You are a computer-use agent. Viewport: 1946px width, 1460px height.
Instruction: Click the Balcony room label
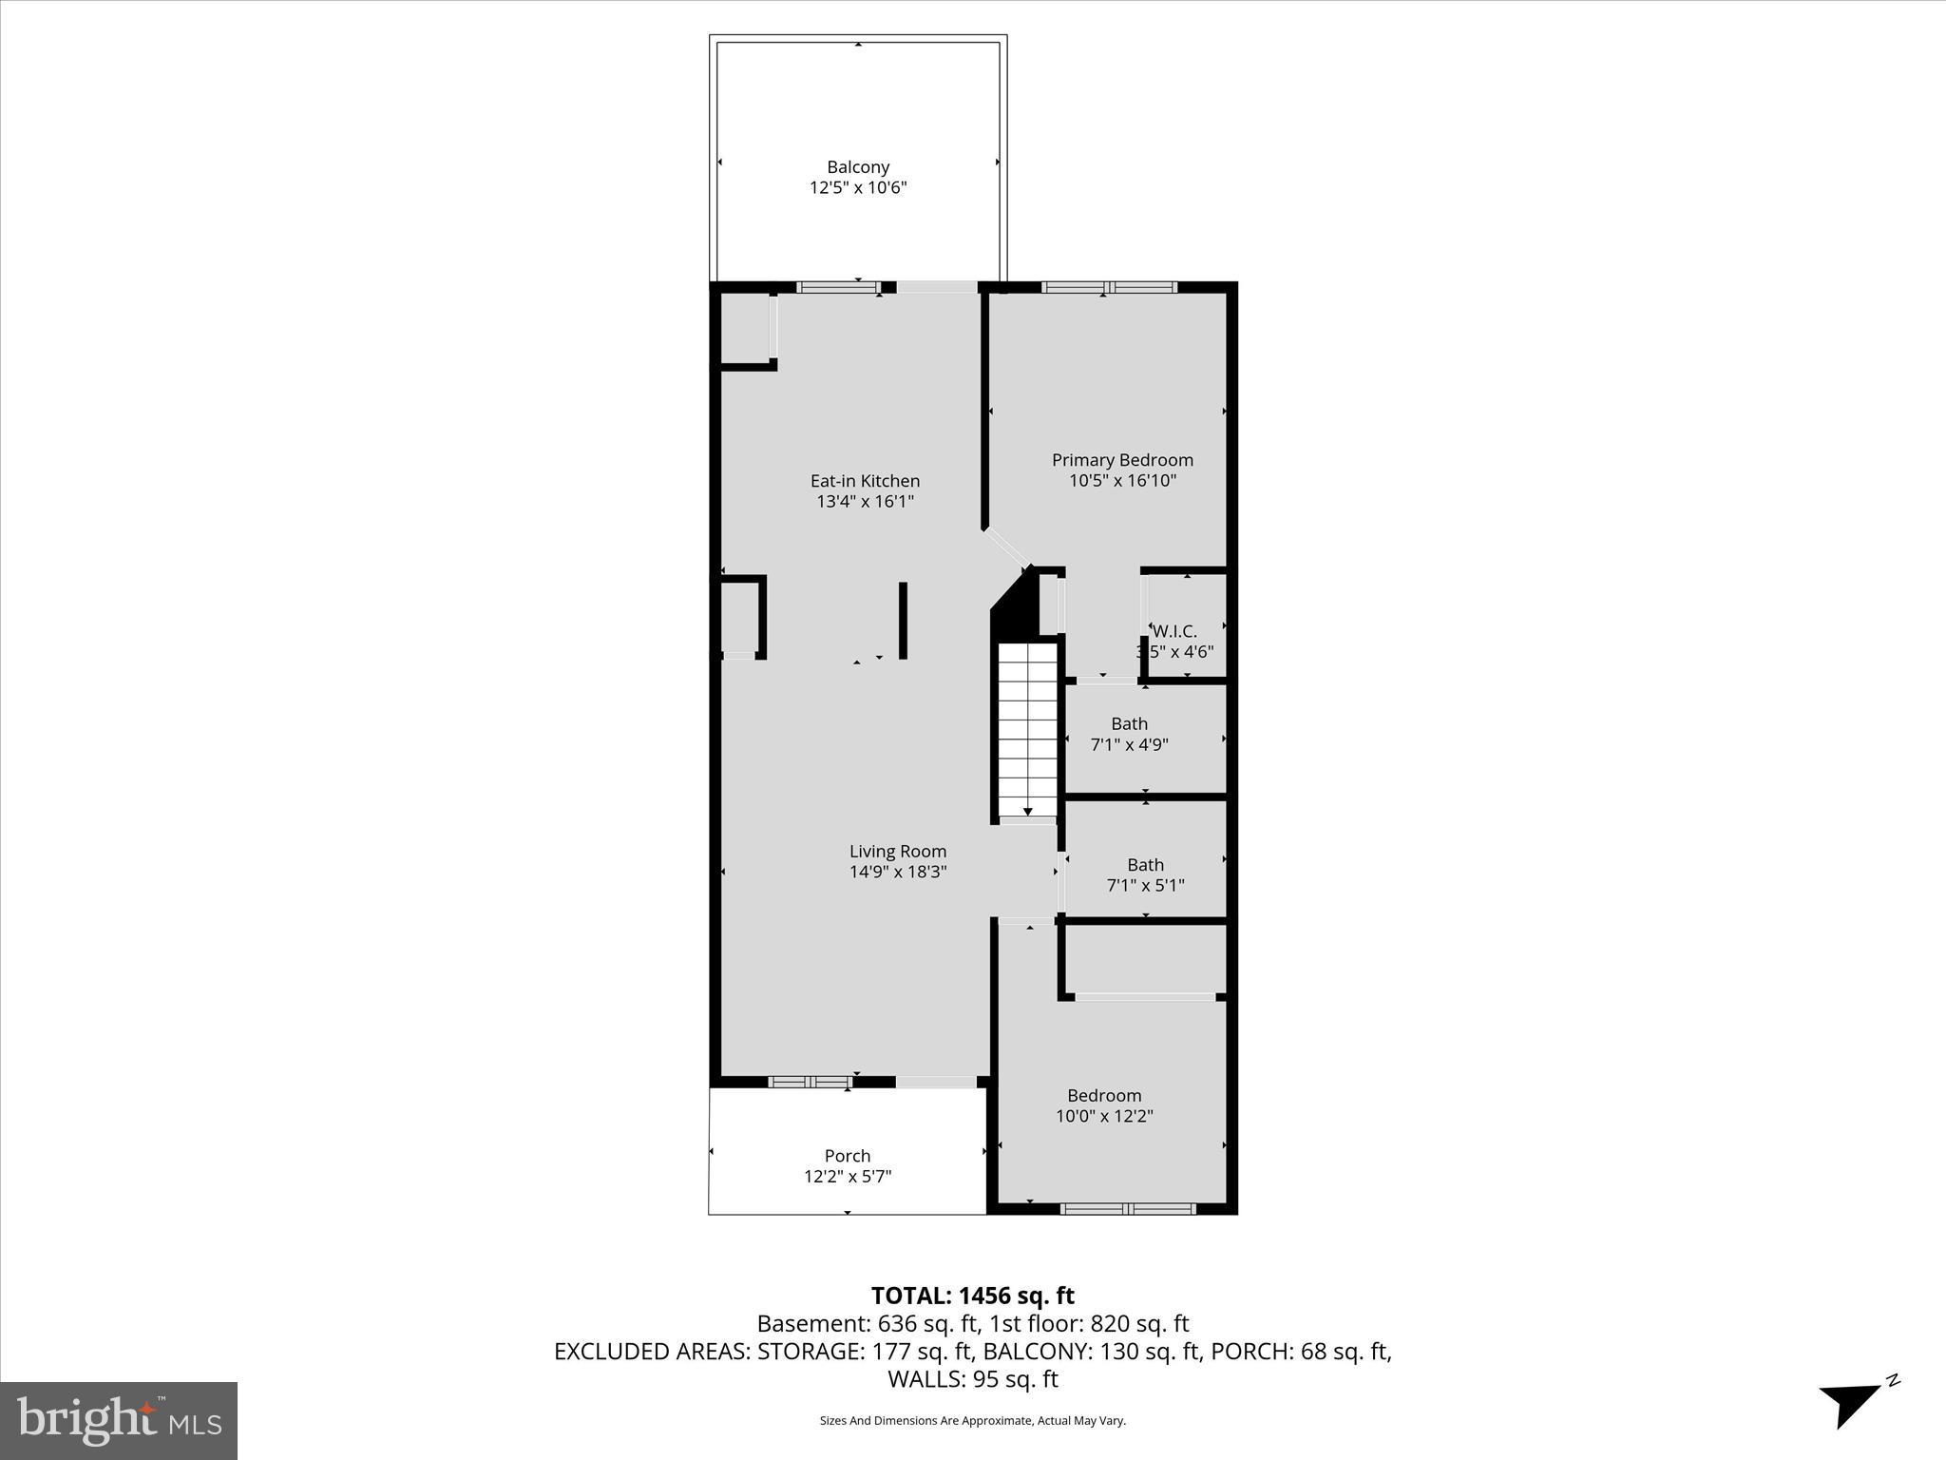point(858,167)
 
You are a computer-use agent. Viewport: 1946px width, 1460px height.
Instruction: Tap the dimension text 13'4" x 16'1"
point(865,501)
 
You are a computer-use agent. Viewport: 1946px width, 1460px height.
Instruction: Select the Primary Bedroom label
point(1122,460)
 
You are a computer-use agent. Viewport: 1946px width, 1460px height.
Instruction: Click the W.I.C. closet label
point(1175,631)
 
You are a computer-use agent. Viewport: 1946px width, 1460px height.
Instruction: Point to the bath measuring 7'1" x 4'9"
point(1129,734)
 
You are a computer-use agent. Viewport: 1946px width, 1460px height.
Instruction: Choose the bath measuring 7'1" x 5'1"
point(1145,874)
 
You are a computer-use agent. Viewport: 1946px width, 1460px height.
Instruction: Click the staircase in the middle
point(1027,727)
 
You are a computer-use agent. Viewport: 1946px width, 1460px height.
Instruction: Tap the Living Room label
point(897,852)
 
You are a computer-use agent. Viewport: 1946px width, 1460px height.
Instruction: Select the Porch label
point(847,1156)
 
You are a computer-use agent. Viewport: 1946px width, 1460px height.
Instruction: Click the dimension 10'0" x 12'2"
point(1104,1116)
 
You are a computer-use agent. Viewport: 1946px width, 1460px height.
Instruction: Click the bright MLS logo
point(119,1420)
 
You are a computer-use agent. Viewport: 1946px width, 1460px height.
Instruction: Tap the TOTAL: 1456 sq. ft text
point(972,1296)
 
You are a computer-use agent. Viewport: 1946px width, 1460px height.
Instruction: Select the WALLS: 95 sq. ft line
point(972,1378)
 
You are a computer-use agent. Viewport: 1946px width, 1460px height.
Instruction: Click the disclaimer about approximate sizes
point(972,1420)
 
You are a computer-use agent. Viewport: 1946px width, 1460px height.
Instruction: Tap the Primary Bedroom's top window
point(1109,287)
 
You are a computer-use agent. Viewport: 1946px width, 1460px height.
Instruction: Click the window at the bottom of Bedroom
point(1127,1209)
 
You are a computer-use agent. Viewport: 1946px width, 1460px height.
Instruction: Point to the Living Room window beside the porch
point(810,1082)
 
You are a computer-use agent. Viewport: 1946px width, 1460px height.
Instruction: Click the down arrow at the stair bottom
point(1027,811)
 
